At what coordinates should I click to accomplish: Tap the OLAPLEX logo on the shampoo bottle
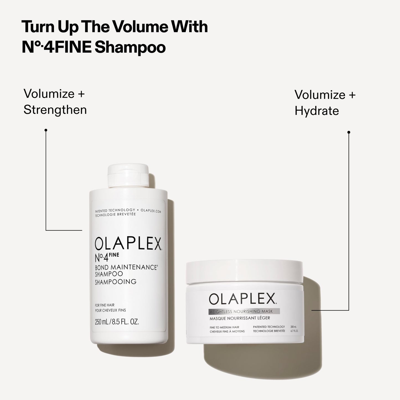pyautogui.click(x=128, y=244)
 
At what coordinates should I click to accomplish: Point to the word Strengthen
pyautogui.click(x=55, y=110)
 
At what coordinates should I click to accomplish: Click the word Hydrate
pyautogui.click(x=317, y=111)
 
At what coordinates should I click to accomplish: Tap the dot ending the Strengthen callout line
pyautogui.click(x=46, y=130)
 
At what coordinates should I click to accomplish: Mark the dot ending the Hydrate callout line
pyautogui.click(x=349, y=132)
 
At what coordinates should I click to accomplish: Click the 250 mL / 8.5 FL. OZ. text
pyautogui.click(x=117, y=322)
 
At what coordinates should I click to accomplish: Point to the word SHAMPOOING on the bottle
pyautogui.click(x=116, y=282)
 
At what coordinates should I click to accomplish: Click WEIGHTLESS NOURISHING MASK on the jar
pyautogui.click(x=241, y=311)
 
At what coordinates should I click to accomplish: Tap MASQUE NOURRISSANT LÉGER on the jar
pyautogui.click(x=240, y=318)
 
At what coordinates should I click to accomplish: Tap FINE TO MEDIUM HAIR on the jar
pyautogui.click(x=224, y=327)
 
